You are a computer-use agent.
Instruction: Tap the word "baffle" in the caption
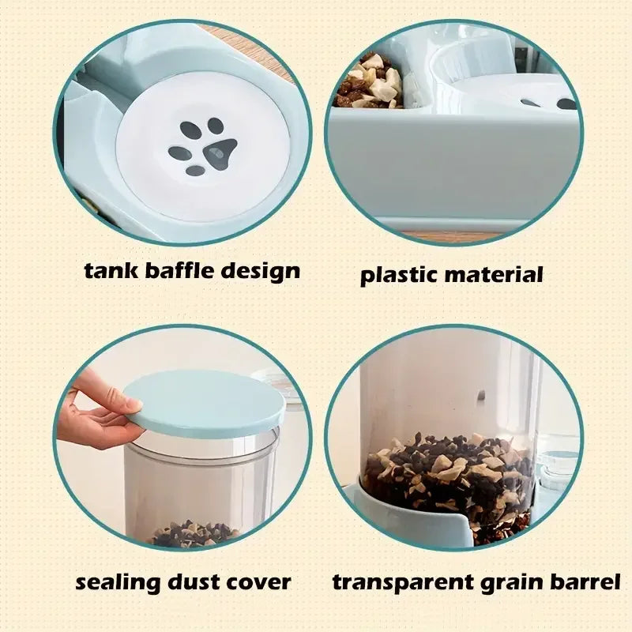click(179, 271)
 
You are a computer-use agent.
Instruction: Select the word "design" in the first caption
click(261, 271)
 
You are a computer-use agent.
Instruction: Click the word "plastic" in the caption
click(398, 276)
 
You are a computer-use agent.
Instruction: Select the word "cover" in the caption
click(258, 584)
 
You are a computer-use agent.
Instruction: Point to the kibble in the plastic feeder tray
click(369, 83)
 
